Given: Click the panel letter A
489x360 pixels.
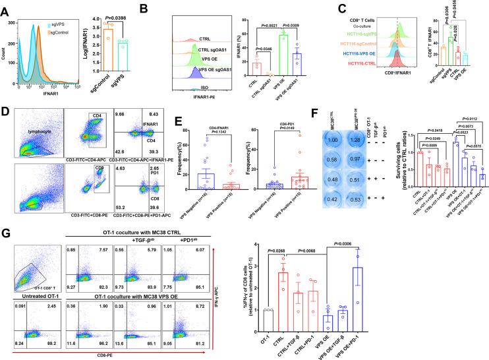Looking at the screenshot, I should (x=6, y=6).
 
